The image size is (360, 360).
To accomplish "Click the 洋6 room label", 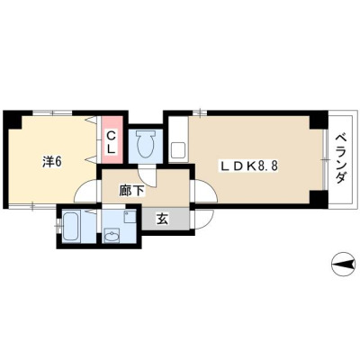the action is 51,162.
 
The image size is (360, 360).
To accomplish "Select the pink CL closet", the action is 112,139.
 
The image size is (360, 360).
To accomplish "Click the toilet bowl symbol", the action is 146,144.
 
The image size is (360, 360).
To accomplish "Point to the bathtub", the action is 71,226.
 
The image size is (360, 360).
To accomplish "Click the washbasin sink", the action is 112,235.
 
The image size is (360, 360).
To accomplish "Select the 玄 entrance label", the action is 162,220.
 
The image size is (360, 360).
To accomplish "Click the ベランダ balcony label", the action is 340,159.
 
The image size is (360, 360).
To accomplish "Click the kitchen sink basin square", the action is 178,151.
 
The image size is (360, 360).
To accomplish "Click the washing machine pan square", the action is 130,217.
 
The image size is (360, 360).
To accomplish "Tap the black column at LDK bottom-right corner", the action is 319,196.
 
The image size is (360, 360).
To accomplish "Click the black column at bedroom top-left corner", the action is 12,120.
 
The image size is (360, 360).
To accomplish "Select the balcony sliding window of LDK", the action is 325,159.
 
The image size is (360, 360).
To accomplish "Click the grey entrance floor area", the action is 166,220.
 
